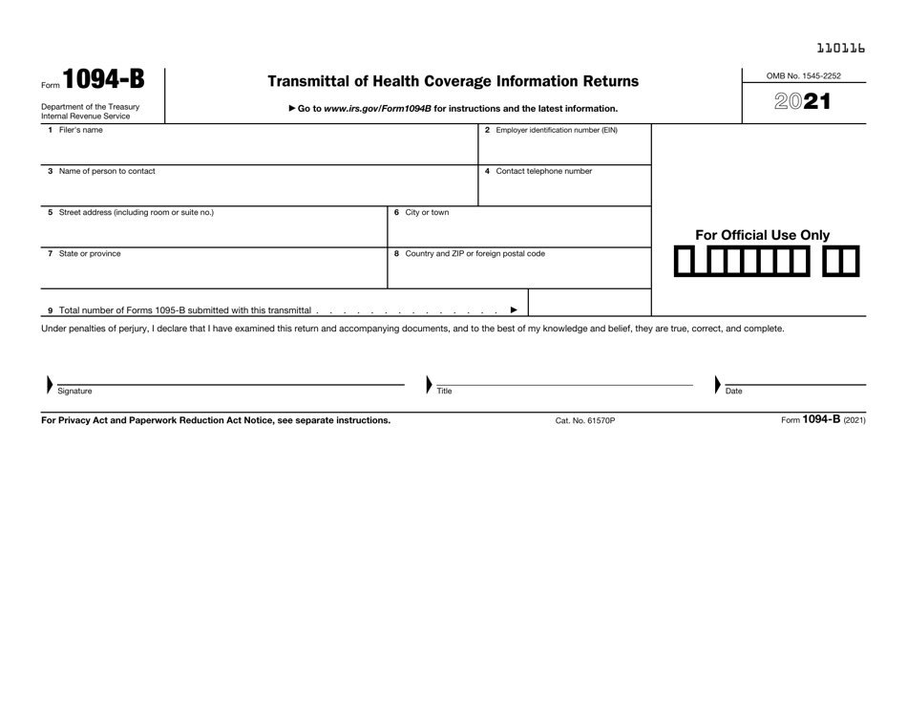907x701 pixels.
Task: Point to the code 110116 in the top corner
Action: coord(841,46)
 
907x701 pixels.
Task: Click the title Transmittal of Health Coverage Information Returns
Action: coord(453,82)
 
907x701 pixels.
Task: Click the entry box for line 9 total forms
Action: coord(589,303)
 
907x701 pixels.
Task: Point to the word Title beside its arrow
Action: coord(444,391)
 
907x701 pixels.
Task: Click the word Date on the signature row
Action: coord(733,391)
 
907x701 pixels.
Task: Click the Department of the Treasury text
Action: coord(90,107)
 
